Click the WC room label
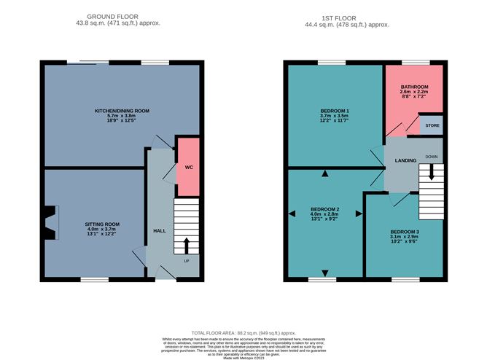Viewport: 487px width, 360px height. (188, 167)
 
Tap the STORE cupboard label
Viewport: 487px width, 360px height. (432, 125)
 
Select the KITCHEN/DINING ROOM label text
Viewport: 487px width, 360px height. (122, 111)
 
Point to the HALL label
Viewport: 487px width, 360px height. (159, 230)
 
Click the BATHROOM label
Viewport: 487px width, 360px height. (414, 87)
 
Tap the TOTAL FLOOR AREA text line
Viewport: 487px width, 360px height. (243, 332)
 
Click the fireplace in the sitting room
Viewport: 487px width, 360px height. (50, 223)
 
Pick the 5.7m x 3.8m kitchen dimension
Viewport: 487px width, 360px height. (122, 117)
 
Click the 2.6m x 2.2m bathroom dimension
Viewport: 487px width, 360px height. (414, 93)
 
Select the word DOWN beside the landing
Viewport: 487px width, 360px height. (432, 157)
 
